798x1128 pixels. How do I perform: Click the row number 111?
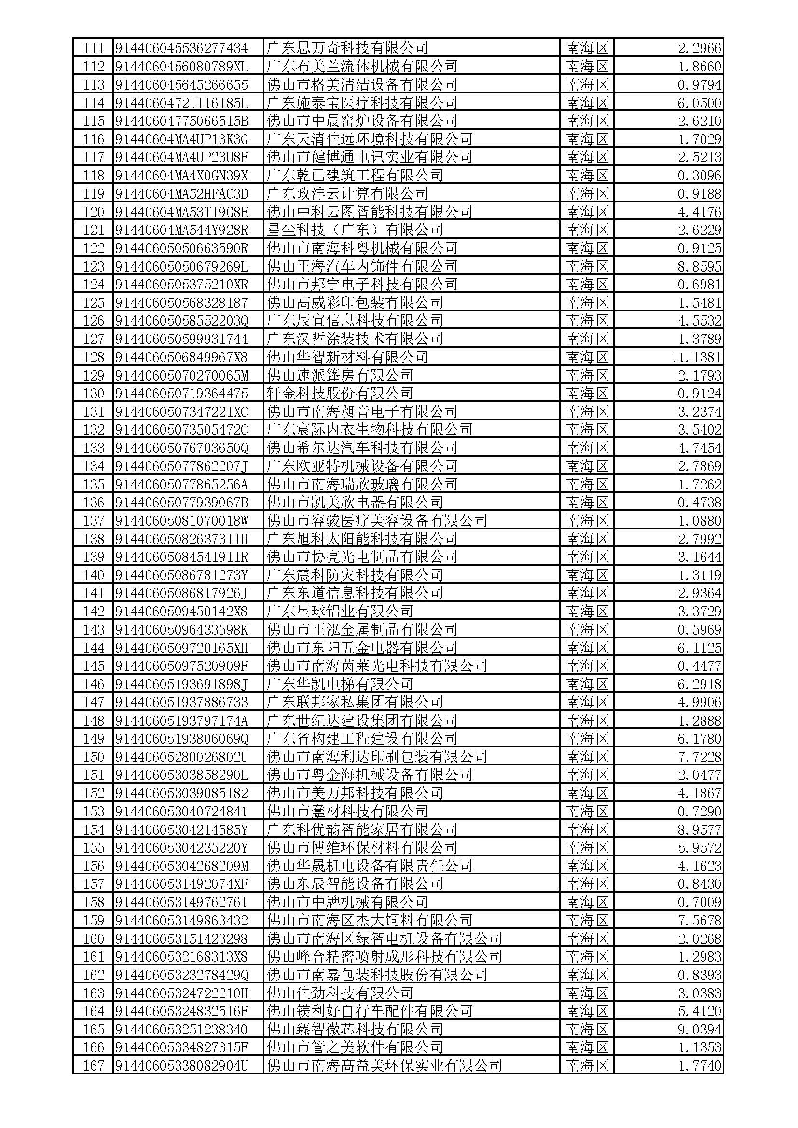pyautogui.click(x=94, y=48)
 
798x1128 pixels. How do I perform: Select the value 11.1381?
pyautogui.click(x=696, y=357)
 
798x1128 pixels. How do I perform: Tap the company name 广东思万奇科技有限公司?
pyautogui.click(x=347, y=48)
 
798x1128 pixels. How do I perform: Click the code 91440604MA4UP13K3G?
pyautogui.click(x=181, y=139)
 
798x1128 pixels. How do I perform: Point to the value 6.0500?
pyautogui.click(x=699, y=103)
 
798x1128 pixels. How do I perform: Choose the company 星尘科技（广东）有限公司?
pyautogui.click(x=354, y=230)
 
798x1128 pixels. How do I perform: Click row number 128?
pyautogui.click(x=94, y=357)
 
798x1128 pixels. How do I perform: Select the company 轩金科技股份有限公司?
pyautogui.click(x=340, y=394)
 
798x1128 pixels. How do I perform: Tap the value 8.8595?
pyautogui.click(x=699, y=267)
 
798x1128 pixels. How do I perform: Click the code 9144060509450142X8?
pyautogui.click(x=181, y=612)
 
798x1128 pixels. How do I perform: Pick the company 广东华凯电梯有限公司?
pyautogui.click(x=340, y=684)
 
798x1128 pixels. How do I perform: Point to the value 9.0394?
pyautogui.click(x=699, y=1029)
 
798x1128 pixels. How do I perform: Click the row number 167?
pyautogui.click(x=94, y=1066)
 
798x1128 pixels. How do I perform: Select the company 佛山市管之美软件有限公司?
pyautogui.click(x=354, y=1047)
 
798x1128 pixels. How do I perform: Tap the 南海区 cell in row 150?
pyautogui.click(x=587, y=757)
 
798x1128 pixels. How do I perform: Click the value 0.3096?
pyautogui.click(x=699, y=176)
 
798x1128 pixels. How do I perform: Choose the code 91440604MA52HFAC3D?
pyautogui.click(x=181, y=193)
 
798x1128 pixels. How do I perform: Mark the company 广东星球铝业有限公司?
pyautogui.click(x=340, y=612)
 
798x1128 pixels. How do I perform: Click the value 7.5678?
pyautogui.click(x=699, y=920)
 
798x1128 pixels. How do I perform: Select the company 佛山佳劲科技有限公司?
pyautogui.click(x=340, y=993)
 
